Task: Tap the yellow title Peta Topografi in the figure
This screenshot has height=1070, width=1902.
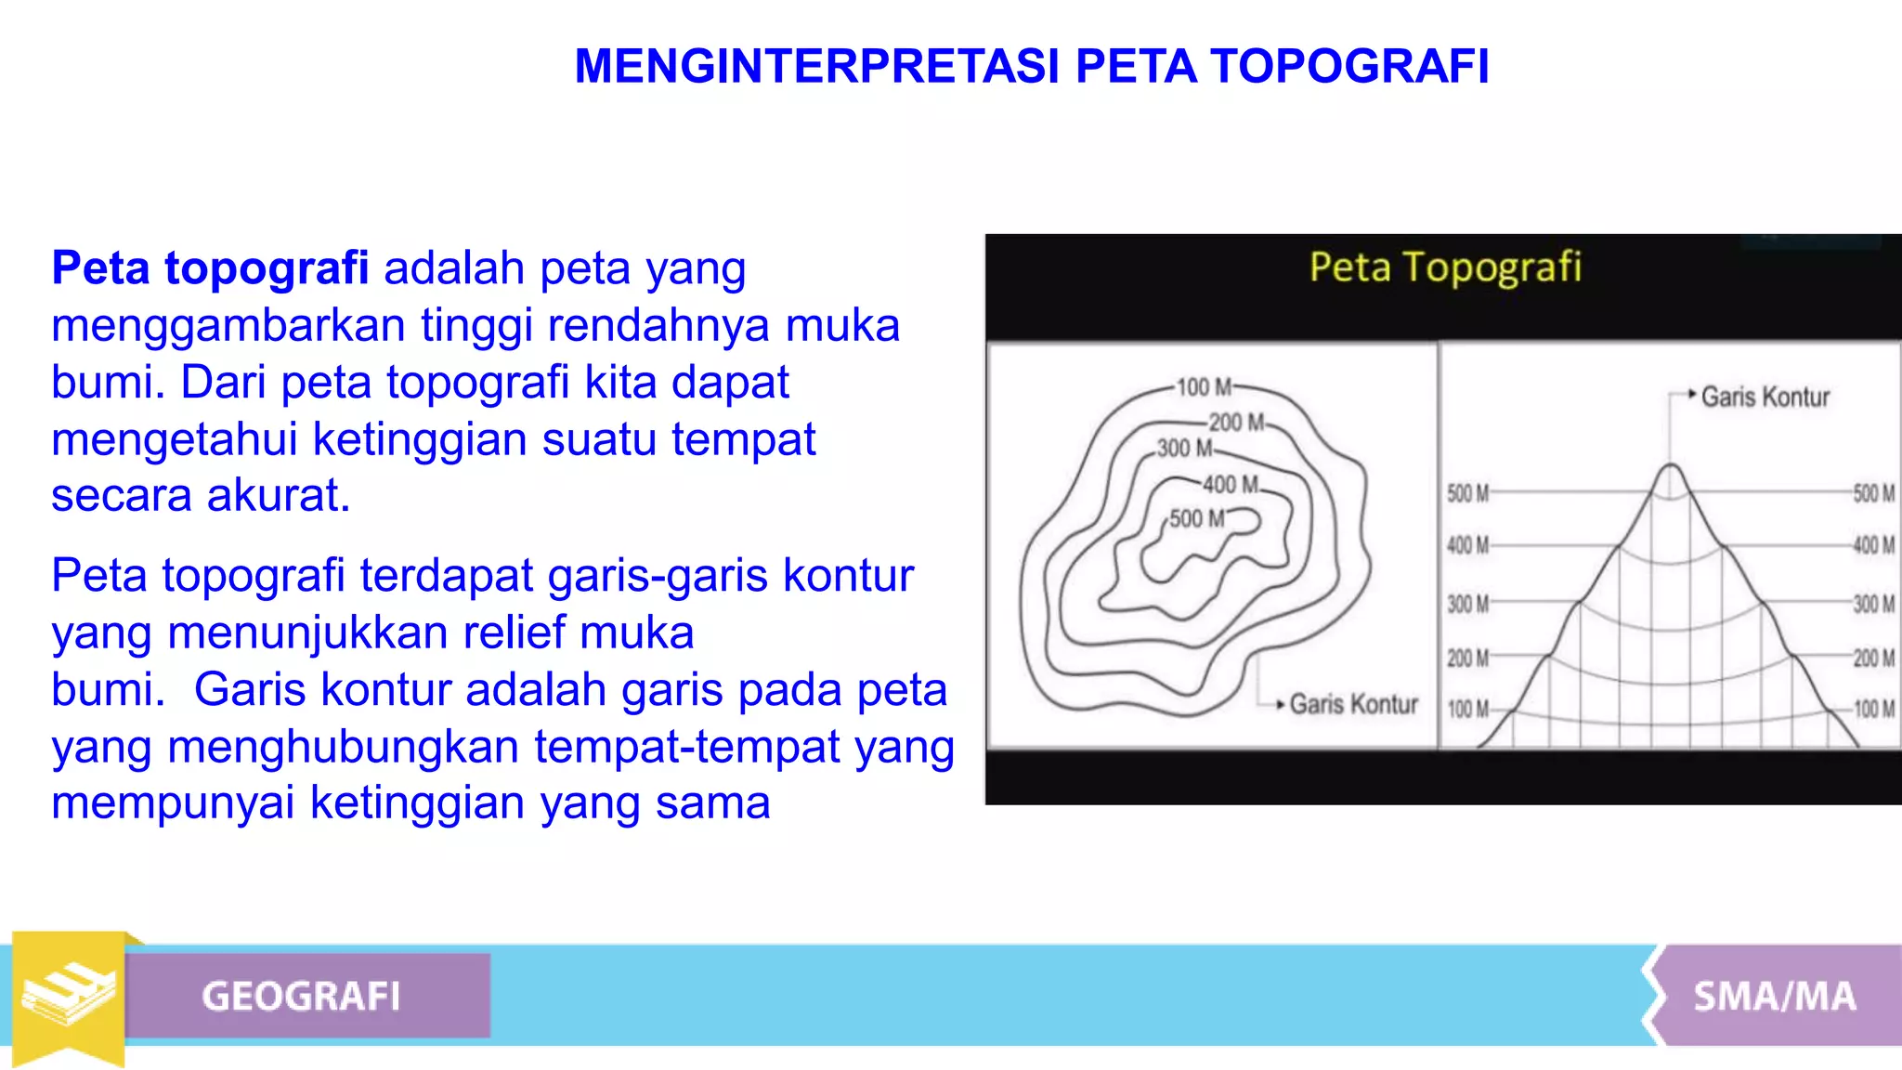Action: (x=1445, y=267)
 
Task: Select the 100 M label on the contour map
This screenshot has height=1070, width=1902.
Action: (x=1204, y=386)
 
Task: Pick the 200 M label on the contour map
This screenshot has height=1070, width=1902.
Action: (x=1236, y=423)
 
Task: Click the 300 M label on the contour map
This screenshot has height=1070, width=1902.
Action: (x=1184, y=449)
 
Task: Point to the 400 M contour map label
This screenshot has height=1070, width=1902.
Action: (x=1231, y=485)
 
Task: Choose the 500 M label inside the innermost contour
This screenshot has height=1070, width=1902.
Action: (x=1196, y=518)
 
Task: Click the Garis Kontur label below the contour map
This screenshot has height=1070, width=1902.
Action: (x=1353, y=705)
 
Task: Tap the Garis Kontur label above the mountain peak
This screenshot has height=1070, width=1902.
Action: (x=1765, y=398)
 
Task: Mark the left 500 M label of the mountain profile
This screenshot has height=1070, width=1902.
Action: (x=1467, y=494)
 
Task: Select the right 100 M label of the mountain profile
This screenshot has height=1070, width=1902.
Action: (x=1874, y=710)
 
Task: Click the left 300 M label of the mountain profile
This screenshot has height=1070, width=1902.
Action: (x=1467, y=605)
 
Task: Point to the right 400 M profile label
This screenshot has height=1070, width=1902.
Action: (x=1874, y=545)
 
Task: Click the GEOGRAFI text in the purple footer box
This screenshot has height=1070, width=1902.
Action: (x=301, y=997)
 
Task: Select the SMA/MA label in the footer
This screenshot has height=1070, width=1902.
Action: (x=1775, y=997)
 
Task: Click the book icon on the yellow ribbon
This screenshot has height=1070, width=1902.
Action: (x=69, y=994)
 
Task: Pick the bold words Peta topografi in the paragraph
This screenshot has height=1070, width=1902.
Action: (x=210, y=268)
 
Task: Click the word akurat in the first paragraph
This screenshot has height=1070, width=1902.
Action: (x=278, y=496)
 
